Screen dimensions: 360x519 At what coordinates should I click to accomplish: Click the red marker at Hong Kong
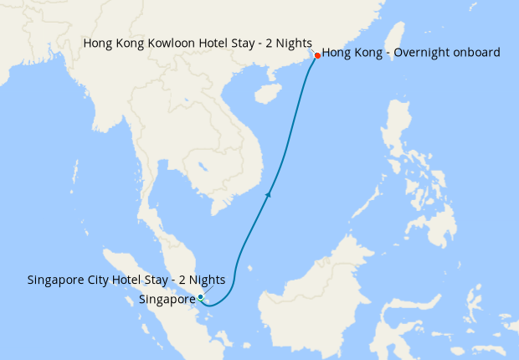[x=317, y=55]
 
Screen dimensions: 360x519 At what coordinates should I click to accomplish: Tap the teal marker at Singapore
[x=201, y=297]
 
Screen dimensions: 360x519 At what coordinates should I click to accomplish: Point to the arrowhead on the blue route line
[x=268, y=194]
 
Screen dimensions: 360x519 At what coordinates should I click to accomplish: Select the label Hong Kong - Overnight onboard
[x=411, y=52]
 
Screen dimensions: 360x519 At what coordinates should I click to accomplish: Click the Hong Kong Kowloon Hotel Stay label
[x=198, y=42]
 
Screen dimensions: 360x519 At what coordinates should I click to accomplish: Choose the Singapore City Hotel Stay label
[x=126, y=280]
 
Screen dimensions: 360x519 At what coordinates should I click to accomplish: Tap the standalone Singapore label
[x=167, y=298]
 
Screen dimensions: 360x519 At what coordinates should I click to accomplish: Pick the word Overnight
[x=417, y=52]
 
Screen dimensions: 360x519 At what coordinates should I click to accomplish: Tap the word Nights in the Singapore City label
[x=203, y=280]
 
